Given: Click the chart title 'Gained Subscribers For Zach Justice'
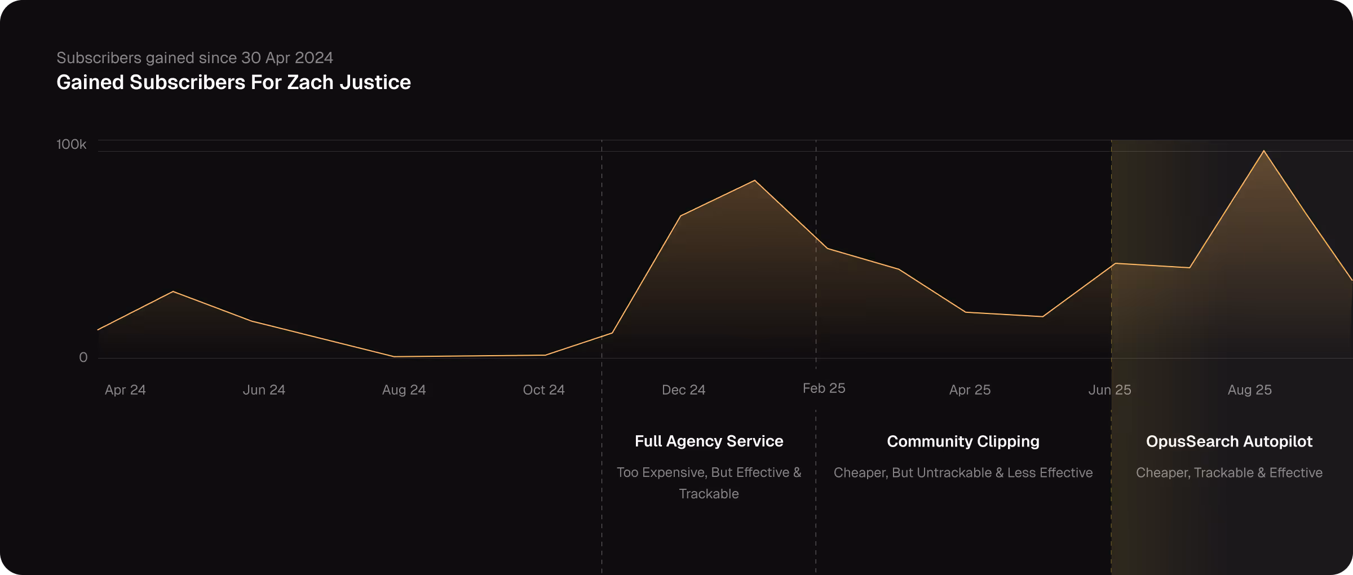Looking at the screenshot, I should click(233, 82).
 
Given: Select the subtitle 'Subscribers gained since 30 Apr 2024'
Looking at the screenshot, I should click(194, 57).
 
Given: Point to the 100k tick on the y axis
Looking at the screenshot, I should click(72, 144).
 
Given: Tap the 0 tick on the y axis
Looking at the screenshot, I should click(83, 357).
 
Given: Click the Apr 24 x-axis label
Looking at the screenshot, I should click(125, 390).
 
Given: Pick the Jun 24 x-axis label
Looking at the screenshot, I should click(264, 390).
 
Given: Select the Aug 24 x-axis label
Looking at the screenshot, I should click(404, 390).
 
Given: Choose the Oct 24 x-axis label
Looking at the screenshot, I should click(543, 390).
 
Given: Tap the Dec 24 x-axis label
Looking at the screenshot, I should click(683, 390).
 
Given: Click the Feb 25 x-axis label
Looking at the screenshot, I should click(824, 388).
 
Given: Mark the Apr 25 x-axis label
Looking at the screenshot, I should click(970, 390).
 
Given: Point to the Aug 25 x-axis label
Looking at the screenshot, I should click(1249, 390).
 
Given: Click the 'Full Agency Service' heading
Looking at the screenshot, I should click(709, 441).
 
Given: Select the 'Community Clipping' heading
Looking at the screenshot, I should click(963, 441).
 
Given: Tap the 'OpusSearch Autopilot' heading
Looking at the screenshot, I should click(1229, 441).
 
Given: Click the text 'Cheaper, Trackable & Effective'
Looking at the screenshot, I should click(1229, 473).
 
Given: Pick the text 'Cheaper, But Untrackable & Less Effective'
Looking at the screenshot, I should click(963, 473).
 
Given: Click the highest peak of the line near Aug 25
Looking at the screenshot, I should click(1264, 151).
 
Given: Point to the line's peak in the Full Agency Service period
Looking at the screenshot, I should click(755, 181).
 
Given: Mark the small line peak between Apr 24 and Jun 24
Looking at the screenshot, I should click(173, 291).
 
